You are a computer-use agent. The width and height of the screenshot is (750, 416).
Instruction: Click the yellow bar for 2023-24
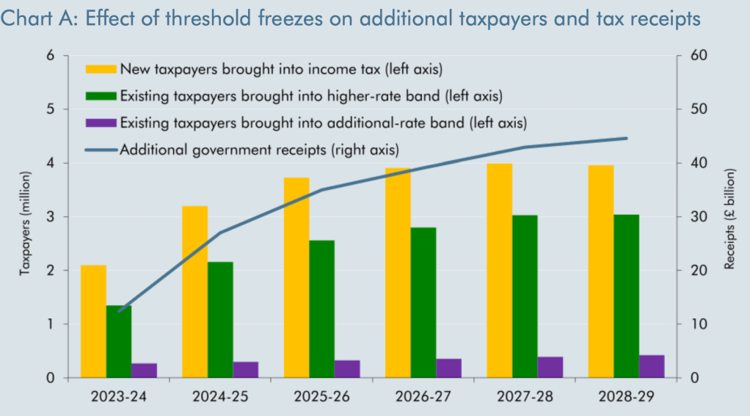click(93, 321)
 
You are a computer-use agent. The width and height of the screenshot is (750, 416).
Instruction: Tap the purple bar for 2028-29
click(651, 366)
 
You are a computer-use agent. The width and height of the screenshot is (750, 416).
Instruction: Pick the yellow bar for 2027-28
click(499, 271)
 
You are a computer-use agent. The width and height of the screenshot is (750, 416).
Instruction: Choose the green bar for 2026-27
click(423, 302)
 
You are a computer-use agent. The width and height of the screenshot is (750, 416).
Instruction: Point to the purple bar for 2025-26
click(347, 369)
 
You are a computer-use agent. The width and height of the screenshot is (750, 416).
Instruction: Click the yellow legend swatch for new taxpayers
click(101, 69)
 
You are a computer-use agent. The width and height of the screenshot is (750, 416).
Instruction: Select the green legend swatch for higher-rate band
click(101, 95)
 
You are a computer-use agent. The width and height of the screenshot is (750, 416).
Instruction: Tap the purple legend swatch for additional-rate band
click(101, 122)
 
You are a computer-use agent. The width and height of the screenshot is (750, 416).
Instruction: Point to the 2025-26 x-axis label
click(321, 397)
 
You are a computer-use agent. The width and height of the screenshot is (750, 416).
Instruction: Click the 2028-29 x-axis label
click(626, 397)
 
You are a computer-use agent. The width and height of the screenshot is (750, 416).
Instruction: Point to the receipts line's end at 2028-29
click(626, 138)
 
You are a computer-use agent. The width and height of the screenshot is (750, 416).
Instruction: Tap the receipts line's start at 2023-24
click(119, 311)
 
